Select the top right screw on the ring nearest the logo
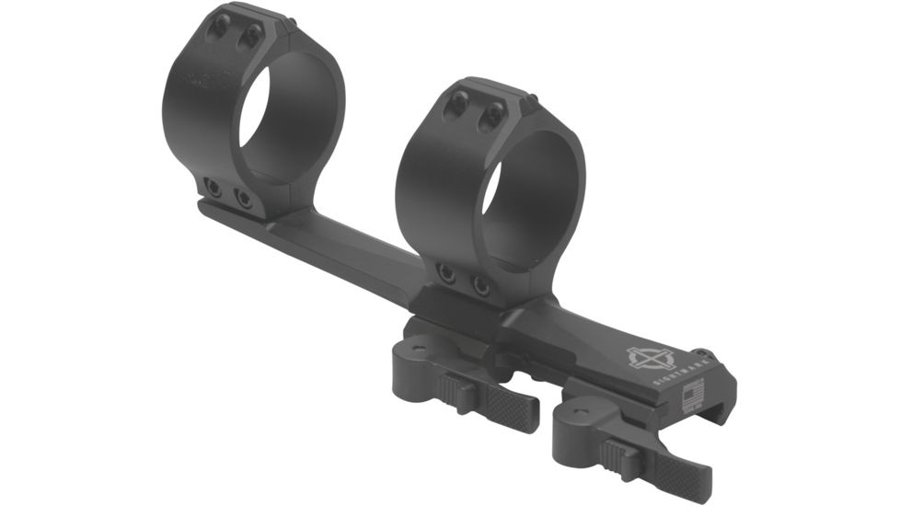click(x=494, y=115)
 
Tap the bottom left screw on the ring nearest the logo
click(x=446, y=272)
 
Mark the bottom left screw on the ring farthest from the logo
click(x=213, y=188)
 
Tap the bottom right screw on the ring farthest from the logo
click(x=243, y=197)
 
